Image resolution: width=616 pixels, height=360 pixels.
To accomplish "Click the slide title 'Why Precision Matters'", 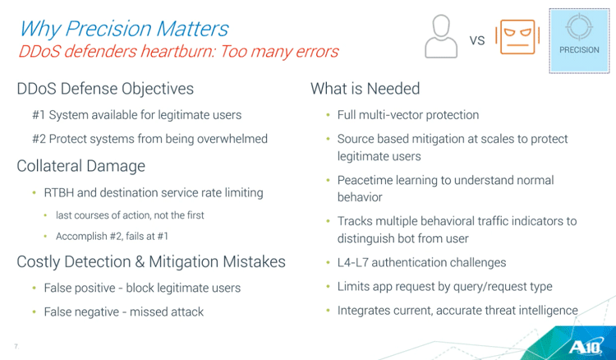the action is (x=124, y=29).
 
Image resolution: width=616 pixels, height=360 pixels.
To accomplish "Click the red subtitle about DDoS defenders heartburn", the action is (x=178, y=52).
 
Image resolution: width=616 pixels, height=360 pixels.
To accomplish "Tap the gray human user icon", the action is (x=441, y=36).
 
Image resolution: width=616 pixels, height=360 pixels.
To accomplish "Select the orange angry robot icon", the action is (x=517, y=37).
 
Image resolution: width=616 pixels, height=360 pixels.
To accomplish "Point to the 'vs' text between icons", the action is (x=477, y=40).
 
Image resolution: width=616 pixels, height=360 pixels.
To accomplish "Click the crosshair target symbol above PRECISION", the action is (x=579, y=26).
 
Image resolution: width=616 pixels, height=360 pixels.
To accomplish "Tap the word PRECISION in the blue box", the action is (x=580, y=50).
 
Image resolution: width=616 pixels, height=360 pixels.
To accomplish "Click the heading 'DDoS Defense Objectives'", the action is (x=105, y=89).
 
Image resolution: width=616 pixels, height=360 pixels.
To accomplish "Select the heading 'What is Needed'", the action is (x=365, y=89).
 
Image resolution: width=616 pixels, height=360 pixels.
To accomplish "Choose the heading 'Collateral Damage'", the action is (x=81, y=166).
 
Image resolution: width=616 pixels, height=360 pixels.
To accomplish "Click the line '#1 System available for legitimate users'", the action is (x=136, y=115).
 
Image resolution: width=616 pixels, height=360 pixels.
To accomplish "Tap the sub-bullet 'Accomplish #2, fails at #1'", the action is (x=112, y=236).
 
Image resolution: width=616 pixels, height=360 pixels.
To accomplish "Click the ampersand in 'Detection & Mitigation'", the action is (x=140, y=262).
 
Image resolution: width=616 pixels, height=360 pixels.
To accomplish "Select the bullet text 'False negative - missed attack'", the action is (x=124, y=312).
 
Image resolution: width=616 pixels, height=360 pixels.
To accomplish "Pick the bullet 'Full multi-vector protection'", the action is (x=408, y=115).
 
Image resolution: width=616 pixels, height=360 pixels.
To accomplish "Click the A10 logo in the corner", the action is (x=586, y=347).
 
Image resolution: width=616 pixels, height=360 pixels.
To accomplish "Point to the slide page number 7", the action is (x=16, y=346).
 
